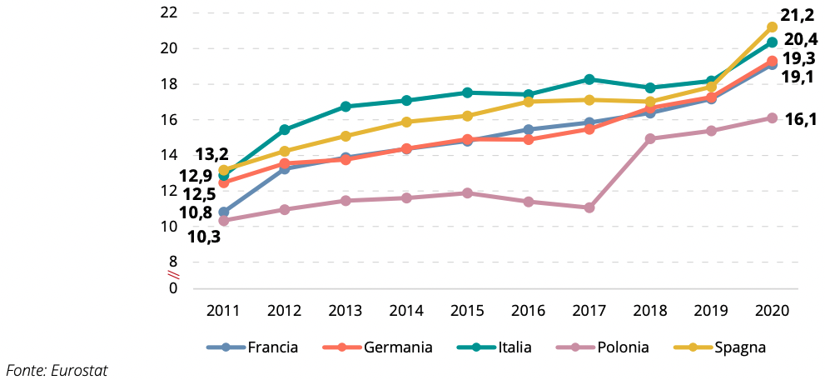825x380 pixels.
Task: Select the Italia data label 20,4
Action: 802,39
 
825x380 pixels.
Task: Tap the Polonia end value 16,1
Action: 801,119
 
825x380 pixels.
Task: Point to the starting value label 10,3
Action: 203,236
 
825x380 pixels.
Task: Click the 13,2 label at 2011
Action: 211,154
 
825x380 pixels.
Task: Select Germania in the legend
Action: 398,347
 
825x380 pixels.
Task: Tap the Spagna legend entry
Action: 739,347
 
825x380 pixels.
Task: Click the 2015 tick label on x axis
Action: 467,311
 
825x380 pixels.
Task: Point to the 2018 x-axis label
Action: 650,311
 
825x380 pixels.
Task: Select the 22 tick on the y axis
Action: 169,12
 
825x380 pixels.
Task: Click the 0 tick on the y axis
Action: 173,288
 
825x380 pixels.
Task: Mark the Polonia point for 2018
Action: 650,138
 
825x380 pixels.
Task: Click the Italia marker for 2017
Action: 589,79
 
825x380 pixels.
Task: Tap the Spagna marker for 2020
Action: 772,27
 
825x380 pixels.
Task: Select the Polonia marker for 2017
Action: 589,207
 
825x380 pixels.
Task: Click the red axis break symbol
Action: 174,274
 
